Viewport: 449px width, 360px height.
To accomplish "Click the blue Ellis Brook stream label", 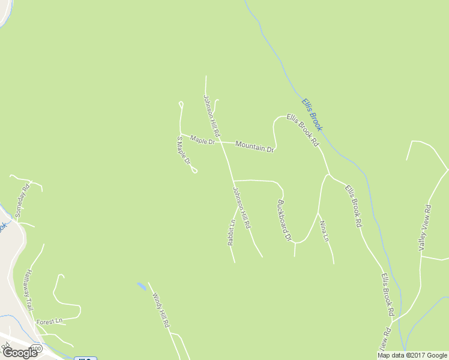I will pos(312,115).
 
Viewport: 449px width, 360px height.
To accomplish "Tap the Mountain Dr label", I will pos(255,146).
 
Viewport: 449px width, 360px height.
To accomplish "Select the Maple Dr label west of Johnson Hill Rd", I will pos(202,140).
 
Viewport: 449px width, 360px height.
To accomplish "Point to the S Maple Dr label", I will pos(183,150).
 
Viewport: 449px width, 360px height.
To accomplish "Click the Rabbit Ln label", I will pos(231,232).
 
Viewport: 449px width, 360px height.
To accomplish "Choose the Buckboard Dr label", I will pos(284,220).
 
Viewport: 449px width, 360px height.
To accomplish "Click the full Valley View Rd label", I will pos(425,227).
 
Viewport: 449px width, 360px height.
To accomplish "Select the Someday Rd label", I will pos(22,202).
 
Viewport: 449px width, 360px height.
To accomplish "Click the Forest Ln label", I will pos(49,322).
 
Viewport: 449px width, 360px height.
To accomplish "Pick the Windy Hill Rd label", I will pos(160,310).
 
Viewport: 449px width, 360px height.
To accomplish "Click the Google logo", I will pos(20,353).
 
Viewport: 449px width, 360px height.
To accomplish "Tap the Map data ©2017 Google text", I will pos(412,355).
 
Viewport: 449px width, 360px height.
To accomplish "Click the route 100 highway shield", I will pos(37,348).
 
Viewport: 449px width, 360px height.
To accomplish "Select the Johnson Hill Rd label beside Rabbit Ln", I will pos(241,207).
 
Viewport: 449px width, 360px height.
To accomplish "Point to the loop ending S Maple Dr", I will pos(194,171).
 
